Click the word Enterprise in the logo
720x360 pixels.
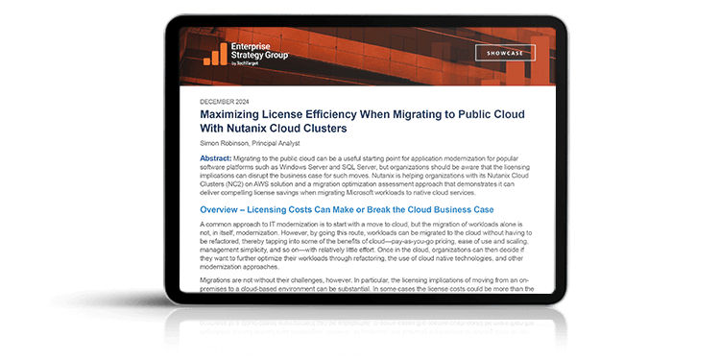pyautogui.click(x=256, y=45)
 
